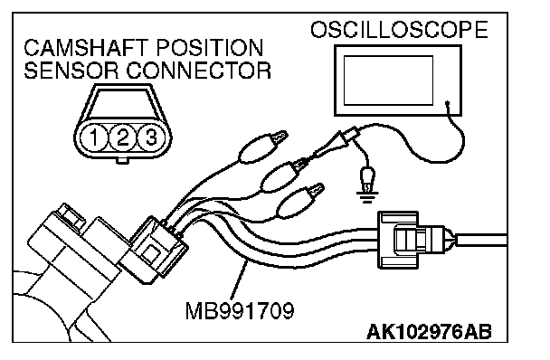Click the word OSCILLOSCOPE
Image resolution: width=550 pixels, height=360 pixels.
(x=399, y=30)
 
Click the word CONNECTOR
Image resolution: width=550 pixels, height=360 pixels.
(x=198, y=71)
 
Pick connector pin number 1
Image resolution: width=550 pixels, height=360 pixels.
(x=94, y=137)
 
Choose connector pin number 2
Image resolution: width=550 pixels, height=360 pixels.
(x=122, y=137)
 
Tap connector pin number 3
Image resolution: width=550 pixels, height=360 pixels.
(x=151, y=137)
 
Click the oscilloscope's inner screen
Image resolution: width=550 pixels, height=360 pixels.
(x=388, y=81)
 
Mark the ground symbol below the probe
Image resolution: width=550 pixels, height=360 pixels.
(x=367, y=197)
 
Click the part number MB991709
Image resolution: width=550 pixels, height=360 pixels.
(x=240, y=311)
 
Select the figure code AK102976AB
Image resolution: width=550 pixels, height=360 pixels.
(x=429, y=332)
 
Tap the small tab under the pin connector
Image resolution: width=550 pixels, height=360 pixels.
(x=122, y=161)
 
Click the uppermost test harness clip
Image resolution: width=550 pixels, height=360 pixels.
(x=262, y=147)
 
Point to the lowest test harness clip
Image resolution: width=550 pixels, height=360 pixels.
(x=300, y=201)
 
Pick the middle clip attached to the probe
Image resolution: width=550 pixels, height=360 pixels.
(x=285, y=175)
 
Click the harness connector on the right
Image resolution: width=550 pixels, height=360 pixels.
(x=414, y=241)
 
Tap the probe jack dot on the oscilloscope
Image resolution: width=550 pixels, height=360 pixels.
(x=448, y=103)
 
